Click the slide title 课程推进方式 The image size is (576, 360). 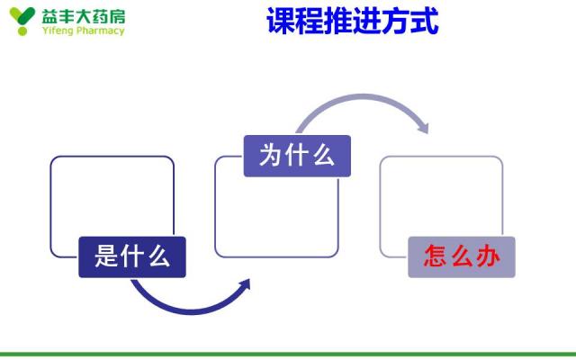coord(352,21)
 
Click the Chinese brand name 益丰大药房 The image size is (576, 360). coord(84,16)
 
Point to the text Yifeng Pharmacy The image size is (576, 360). coord(84,31)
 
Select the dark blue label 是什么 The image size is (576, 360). coord(132,256)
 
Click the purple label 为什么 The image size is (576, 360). coord(297,156)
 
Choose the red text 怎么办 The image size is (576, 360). coord(462,256)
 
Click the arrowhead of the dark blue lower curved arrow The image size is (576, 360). coord(245,284)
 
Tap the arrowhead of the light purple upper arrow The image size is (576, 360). coord(423,128)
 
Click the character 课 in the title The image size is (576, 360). coord(281,21)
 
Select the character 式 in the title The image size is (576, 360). coord(424,21)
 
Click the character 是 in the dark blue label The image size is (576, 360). coord(106,256)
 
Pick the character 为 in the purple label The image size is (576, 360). coord(271,155)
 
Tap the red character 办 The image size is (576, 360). coord(488,256)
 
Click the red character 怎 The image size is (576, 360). coord(436,256)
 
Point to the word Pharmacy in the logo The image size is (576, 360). coord(101,31)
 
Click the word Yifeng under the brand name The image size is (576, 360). coord(58,31)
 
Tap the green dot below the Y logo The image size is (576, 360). coord(22,31)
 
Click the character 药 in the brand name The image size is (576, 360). coord(100,16)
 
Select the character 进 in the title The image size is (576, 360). coord(367,21)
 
